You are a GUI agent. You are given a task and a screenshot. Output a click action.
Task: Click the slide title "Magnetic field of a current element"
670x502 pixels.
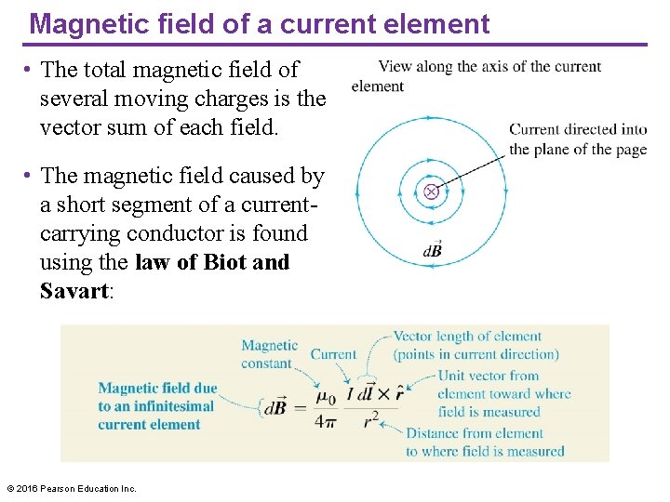tap(259, 23)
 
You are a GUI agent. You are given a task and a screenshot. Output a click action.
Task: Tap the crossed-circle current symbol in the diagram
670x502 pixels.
tap(431, 192)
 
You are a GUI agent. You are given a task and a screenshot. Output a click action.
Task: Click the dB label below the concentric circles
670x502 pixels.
tap(433, 250)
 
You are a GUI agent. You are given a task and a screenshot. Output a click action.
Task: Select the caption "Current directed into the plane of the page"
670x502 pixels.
tap(577, 139)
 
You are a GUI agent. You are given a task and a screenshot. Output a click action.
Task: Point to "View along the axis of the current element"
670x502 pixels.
tap(476, 76)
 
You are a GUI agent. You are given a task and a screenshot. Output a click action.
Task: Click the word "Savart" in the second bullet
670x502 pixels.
tap(74, 291)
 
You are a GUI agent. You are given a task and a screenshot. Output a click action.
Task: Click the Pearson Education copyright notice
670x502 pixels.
tap(72, 488)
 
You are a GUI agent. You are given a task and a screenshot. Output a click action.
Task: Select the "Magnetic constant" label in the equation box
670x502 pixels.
tap(269, 354)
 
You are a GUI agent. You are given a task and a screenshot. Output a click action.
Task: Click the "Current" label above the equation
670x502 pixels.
tap(333, 354)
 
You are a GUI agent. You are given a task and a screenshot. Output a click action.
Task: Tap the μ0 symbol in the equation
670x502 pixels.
tap(325, 398)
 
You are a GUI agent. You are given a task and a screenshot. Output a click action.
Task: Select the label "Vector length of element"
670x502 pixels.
tap(467, 337)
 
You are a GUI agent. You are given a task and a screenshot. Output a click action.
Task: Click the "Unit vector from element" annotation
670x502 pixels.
tap(489, 376)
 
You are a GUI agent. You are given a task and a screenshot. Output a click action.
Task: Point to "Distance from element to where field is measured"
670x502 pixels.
tap(485, 442)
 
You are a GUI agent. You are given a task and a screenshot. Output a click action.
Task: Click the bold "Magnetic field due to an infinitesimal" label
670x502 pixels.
tap(157, 397)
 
